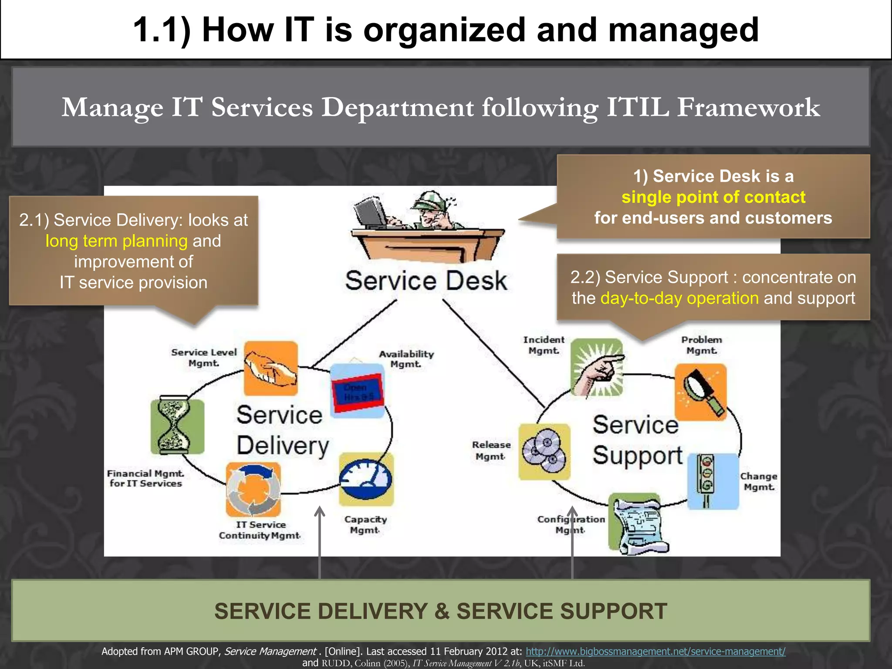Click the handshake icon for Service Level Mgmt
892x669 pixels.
click(x=270, y=368)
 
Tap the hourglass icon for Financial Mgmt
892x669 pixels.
click(x=176, y=426)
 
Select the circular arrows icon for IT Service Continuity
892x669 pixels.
click(x=253, y=490)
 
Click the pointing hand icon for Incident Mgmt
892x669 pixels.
click(x=597, y=368)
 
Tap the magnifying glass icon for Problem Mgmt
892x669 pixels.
click(x=701, y=392)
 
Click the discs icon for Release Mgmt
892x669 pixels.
click(x=544, y=452)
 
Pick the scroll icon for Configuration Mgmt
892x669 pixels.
click(x=637, y=524)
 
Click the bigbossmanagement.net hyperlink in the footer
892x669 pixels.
click(x=655, y=651)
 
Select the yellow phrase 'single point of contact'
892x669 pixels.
click(x=713, y=197)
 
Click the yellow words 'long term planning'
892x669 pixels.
click(x=116, y=241)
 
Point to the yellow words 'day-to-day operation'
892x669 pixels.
click(x=679, y=298)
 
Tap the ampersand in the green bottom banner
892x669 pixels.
click(x=441, y=611)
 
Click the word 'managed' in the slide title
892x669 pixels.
click(x=683, y=30)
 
